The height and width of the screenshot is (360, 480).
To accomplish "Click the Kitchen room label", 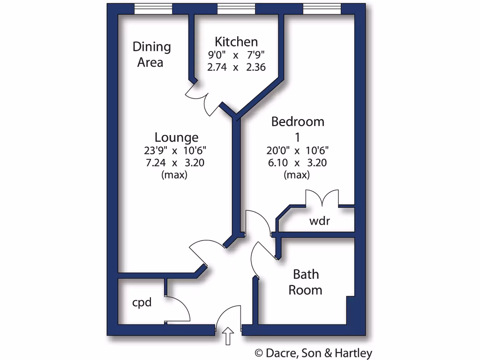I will (x=236, y=42).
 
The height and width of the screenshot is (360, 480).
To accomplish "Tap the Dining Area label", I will (x=151, y=54).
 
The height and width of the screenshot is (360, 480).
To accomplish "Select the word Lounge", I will (x=176, y=137).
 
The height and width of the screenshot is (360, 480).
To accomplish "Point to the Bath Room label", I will (x=305, y=282).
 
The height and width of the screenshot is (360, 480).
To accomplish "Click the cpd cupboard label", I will (x=142, y=303).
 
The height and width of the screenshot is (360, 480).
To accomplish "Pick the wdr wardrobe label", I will (x=320, y=221).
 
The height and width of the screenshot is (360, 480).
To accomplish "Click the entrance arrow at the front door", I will (x=228, y=336).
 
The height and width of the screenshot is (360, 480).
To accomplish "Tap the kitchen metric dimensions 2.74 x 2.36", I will (x=236, y=67).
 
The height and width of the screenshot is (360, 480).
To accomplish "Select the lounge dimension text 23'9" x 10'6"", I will (x=176, y=150).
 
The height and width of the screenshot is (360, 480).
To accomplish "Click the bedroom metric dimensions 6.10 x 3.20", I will (x=297, y=163).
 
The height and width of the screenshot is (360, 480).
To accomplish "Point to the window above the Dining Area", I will (x=153, y=8).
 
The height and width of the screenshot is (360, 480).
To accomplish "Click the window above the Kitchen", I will (x=236, y=8).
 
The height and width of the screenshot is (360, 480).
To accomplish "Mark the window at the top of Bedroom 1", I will (x=322, y=8).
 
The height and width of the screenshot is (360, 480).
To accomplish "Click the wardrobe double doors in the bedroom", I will (x=322, y=198).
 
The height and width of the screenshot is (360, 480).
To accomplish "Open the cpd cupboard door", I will (x=179, y=309).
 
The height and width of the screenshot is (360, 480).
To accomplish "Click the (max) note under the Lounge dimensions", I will (x=174, y=175).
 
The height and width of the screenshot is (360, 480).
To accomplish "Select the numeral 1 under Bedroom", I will (x=297, y=137).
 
